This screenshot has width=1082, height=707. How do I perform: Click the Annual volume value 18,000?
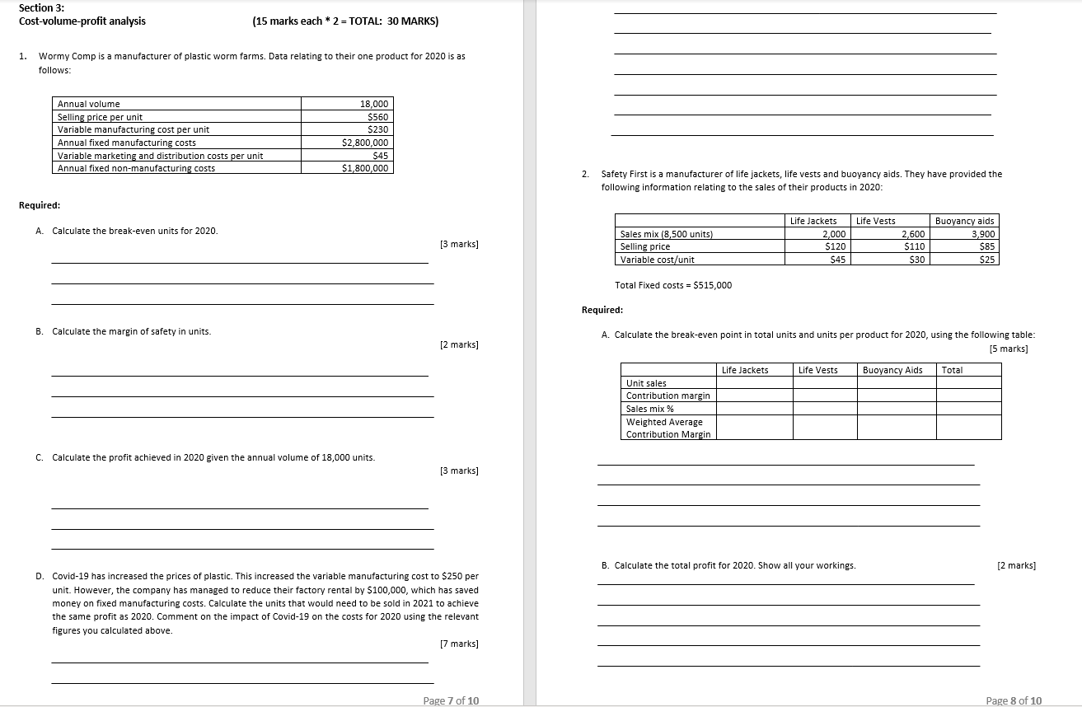click(373, 104)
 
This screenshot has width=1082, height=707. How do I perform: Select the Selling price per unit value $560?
click(377, 117)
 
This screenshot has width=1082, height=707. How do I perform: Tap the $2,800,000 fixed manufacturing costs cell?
click(365, 143)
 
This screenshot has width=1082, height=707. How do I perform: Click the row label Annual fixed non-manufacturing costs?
click(136, 168)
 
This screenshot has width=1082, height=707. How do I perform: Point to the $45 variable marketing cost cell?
click(380, 156)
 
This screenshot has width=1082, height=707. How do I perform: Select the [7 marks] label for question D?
click(459, 644)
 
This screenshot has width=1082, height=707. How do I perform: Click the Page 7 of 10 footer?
click(450, 700)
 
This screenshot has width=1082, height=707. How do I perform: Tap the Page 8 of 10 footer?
click(1014, 700)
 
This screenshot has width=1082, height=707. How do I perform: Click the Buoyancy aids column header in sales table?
click(965, 221)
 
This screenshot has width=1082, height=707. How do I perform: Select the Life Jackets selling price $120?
click(836, 246)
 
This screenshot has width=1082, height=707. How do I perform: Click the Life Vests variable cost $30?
click(915, 260)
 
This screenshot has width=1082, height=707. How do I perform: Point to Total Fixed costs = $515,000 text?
click(673, 285)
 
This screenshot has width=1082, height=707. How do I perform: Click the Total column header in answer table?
click(952, 370)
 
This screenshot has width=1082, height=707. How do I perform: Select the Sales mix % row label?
click(649, 409)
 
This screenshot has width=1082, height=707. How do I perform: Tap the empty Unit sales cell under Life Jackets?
click(754, 383)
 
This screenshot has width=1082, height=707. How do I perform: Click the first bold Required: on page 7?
click(40, 205)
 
